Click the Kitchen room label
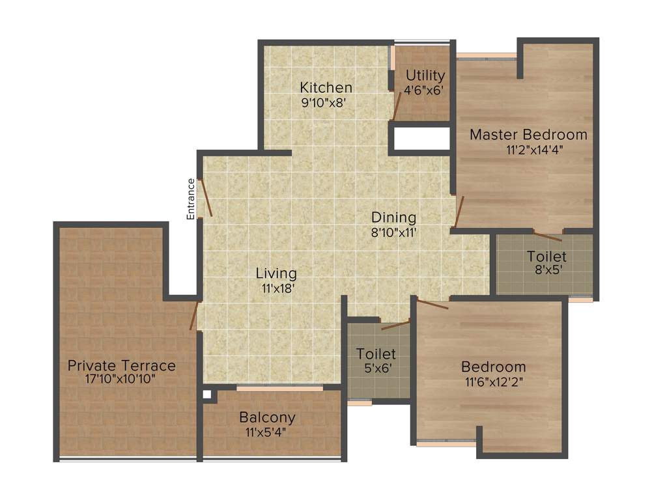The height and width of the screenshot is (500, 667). coord(326,87)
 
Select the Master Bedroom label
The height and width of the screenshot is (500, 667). coord(528,135)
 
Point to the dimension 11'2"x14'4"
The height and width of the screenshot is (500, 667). coord(534,149)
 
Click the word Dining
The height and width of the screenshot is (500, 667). coord(393,217)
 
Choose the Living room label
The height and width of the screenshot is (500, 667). coord(276,273)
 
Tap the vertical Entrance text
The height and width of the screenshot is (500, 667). coord(191,199)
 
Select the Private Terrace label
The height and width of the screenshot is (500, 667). coord(122,365)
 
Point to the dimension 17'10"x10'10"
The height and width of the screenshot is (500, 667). coord(121,379)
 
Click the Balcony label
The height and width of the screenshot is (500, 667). coord(267,417)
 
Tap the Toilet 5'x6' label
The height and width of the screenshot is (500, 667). coord(376,354)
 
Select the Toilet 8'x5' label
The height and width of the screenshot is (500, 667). coord(546,257)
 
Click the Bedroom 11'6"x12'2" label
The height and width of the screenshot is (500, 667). coord(493,367)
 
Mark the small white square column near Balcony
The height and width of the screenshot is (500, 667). coord(206,394)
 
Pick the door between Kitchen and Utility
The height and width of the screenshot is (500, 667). coord(397,106)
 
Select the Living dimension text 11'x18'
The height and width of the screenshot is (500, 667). coord(276,288)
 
